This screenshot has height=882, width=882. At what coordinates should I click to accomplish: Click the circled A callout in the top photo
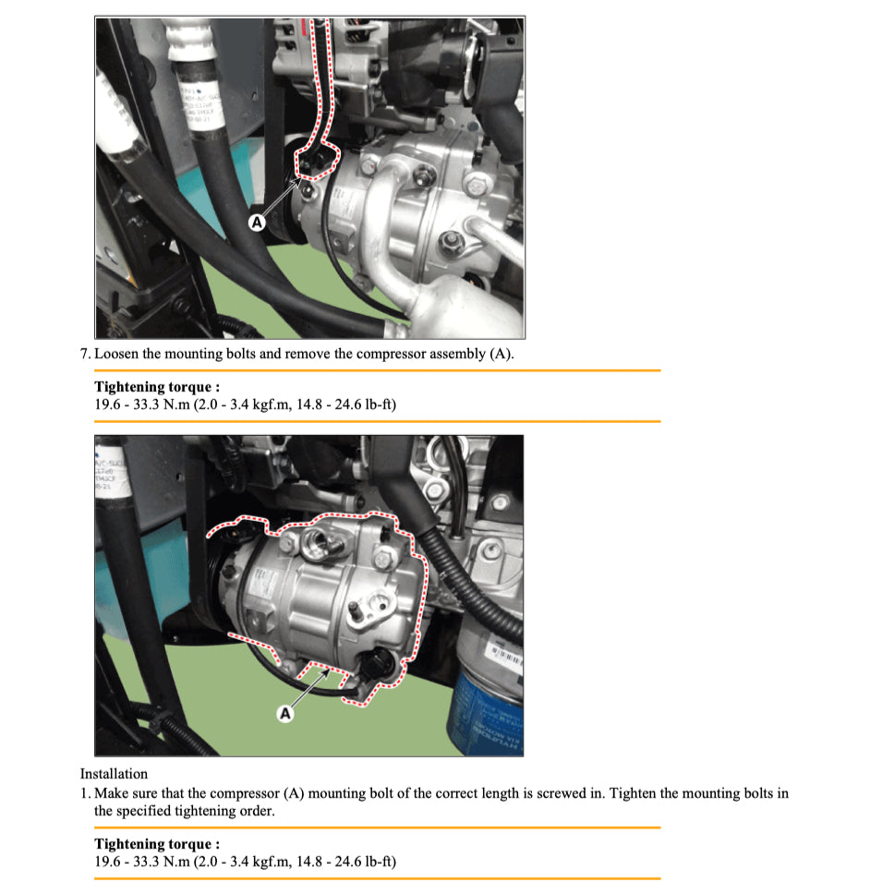[257, 222]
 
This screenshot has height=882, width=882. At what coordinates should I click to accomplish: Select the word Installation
[114, 774]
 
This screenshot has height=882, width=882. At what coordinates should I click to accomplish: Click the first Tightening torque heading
[157, 387]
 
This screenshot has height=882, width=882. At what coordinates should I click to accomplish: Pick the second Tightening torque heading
[157, 844]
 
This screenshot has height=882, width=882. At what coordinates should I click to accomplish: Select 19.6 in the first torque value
[108, 404]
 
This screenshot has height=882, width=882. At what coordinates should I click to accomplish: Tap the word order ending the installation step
[256, 811]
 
